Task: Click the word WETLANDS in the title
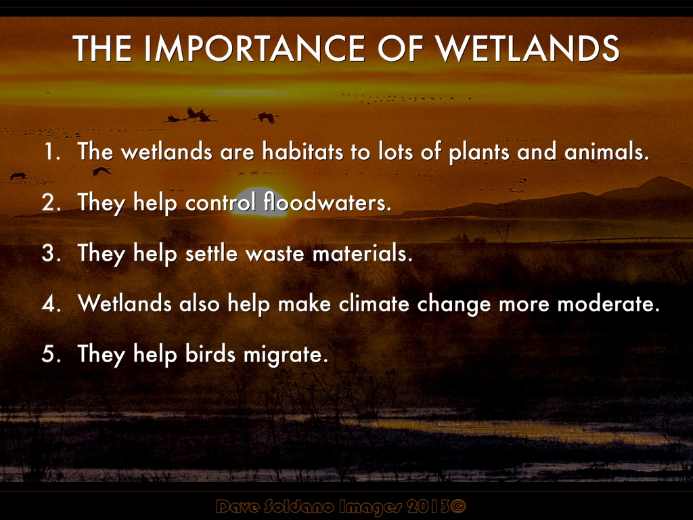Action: click(527, 48)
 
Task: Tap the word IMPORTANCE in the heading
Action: click(254, 48)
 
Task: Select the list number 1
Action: click(51, 152)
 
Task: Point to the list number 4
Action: click(51, 304)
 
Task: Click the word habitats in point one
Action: click(303, 152)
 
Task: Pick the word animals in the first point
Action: click(606, 152)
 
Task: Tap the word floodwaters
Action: click(328, 202)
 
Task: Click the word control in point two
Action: click(221, 202)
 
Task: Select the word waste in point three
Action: click(275, 254)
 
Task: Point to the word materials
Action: click(363, 253)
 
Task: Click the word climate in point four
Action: click(374, 304)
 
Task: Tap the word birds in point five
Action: click(210, 353)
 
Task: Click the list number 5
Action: click(51, 354)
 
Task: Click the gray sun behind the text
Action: click(259, 202)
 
